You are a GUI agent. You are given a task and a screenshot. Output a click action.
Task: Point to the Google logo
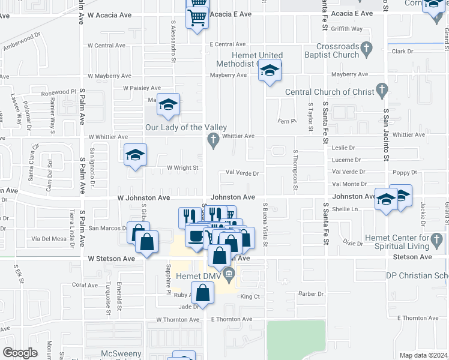click(x=19, y=353)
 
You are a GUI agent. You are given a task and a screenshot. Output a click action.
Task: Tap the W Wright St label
click(x=182, y=168)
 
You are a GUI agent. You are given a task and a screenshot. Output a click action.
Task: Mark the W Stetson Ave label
click(x=111, y=258)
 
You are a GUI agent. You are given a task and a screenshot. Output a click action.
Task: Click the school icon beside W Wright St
click(x=136, y=155)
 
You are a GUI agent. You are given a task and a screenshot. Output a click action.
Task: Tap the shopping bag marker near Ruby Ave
click(x=203, y=293)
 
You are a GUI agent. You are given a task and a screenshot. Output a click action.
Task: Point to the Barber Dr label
click(x=312, y=294)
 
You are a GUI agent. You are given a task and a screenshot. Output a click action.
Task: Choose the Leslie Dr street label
click(x=343, y=148)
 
